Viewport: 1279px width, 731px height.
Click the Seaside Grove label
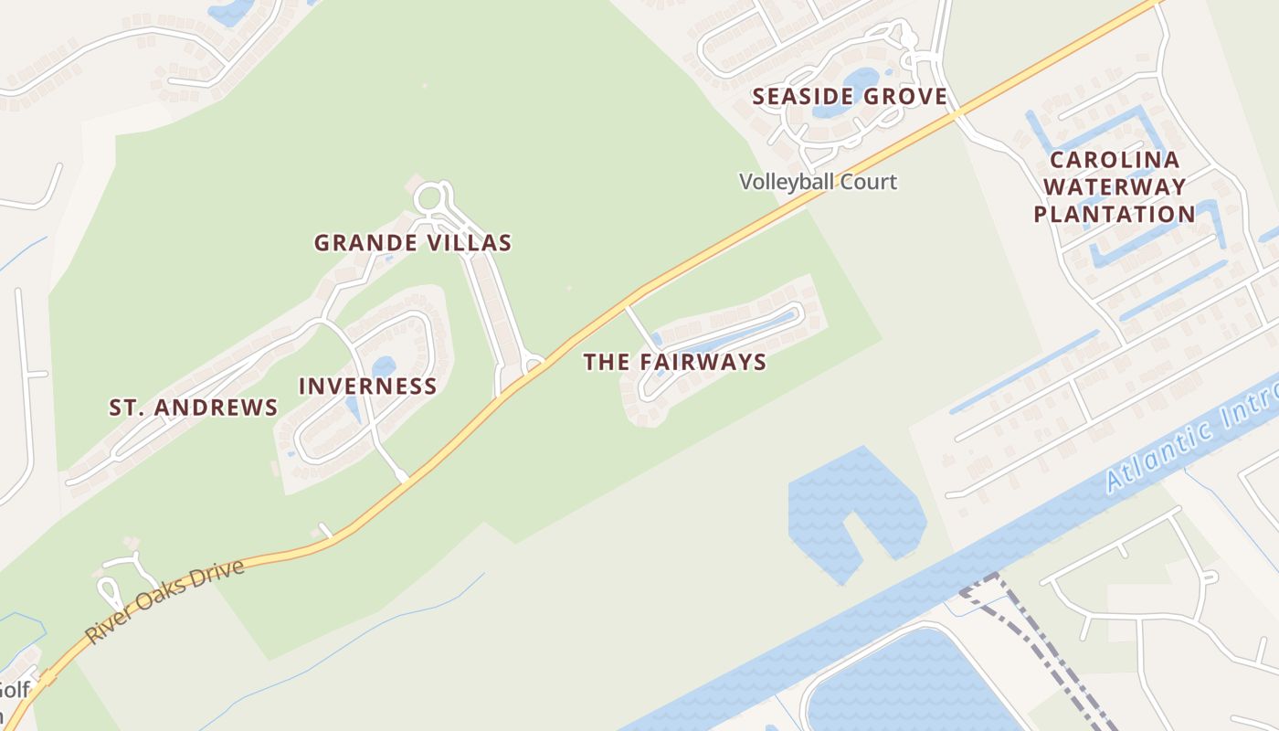point(850,97)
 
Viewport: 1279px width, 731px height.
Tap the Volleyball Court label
point(818,182)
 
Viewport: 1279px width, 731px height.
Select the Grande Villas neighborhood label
point(413,243)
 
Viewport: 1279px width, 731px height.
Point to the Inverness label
point(368,387)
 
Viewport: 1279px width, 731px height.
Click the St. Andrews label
point(194,408)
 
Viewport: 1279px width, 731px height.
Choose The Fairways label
point(675,363)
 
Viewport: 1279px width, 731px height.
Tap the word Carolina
point(1115,161)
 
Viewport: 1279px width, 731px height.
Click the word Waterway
point(1115,187)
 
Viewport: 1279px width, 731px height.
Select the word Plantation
point(1115,215)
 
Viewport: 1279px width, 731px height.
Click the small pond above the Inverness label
point(384,367)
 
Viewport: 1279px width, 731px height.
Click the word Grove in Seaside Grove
point(903,97)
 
